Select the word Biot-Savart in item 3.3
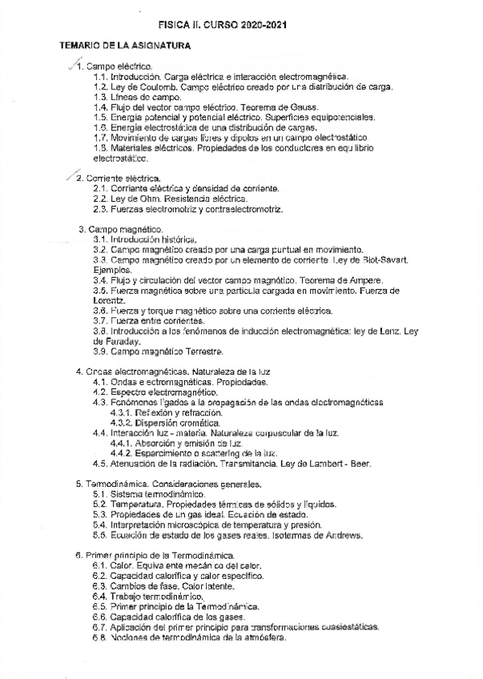click(386, 260)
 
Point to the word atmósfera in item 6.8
click(260, 638)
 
